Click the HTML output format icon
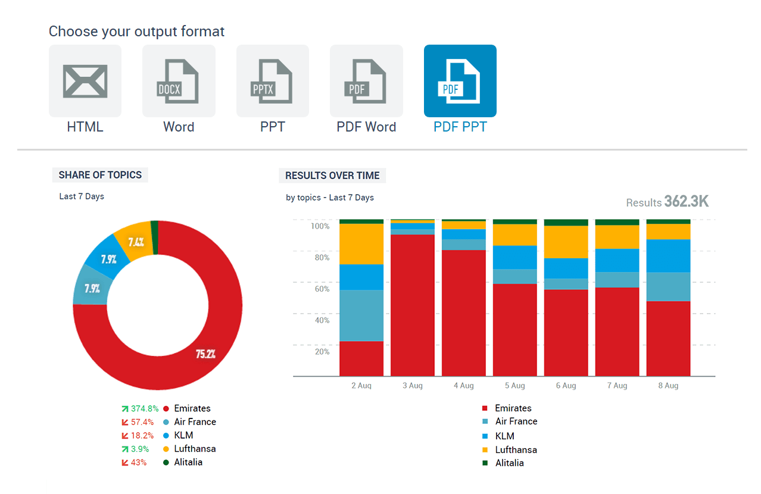pyautogui.click(x=85, y=81)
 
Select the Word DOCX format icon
pyautogui.click(x=179, y=81)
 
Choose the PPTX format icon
pyautogui.click(x=272, y=81)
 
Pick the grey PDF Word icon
pyautogui.click(x=366, y=81)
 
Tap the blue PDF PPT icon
pyautogui.click(x=460, y=81)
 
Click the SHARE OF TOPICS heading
pyautogui.click(x=100, y=175)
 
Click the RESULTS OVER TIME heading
pyautogui.click(x=332, y=176)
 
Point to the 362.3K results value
pyautogui.click(x=687, y=202)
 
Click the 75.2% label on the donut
pyautogui.click(x=205, y=354)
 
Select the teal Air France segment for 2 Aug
pyautogui.click(x=361, y=315)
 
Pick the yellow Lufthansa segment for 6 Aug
pyautogui.click(x=566, y=242)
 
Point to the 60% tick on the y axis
pyautogui.click(x=322, y=289)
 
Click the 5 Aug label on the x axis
pyautogui.click(x=514, y=386)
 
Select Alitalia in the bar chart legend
pyautogui.click(x=509, y=463)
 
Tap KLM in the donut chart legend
pyautogui.click(x=183, y=435)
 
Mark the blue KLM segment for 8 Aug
pyautogui.click(x=668, y=256)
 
